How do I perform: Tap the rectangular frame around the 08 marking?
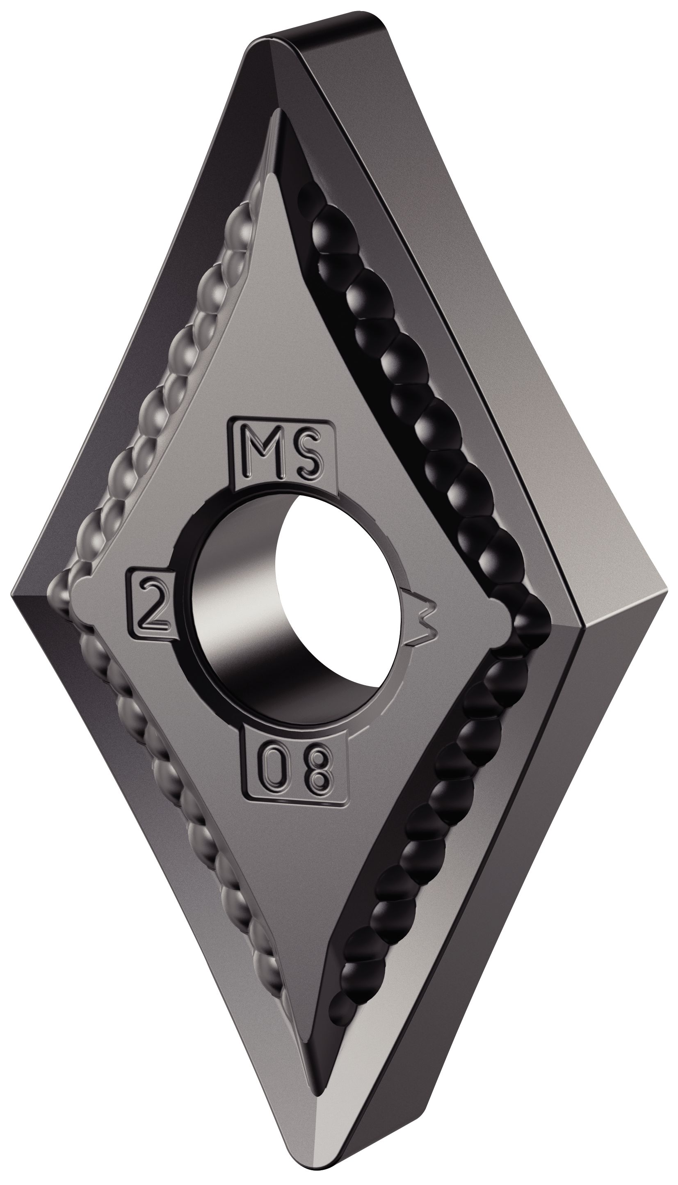(298, 799)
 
